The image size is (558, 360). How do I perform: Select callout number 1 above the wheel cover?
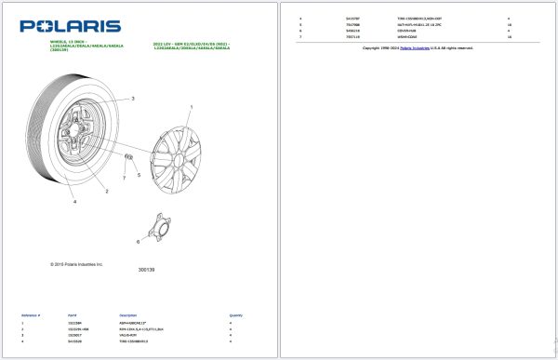192,109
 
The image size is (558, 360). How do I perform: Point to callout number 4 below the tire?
75,201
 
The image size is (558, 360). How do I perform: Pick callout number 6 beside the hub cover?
139,241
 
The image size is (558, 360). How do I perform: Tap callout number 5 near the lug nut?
139,174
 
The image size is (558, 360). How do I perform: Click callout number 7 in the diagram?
124,177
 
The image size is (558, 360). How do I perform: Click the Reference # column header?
31,315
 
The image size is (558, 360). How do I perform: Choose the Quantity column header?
236,315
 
